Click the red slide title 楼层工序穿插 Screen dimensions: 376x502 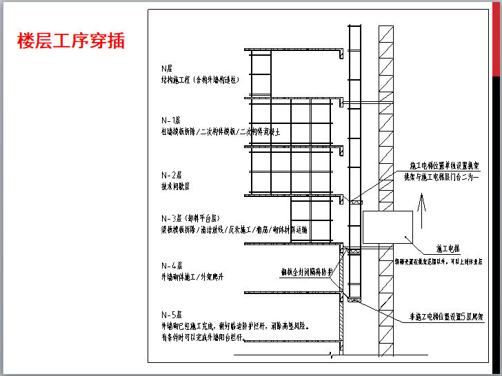tap(72, 41)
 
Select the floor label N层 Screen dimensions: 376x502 tap(165, 68)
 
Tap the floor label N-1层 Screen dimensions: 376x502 tap(170, 119)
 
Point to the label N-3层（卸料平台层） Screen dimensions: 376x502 tap(194, 217)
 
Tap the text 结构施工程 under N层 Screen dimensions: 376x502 tap(200, 80)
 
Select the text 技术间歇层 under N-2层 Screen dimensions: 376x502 tap(175, 186)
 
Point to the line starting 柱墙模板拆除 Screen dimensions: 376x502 tap(220, 131)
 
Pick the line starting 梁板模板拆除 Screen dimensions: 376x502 tap(234, 229)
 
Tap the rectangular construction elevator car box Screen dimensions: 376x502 tap(388, 227)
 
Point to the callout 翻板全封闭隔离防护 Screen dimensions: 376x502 tap(306, 271)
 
